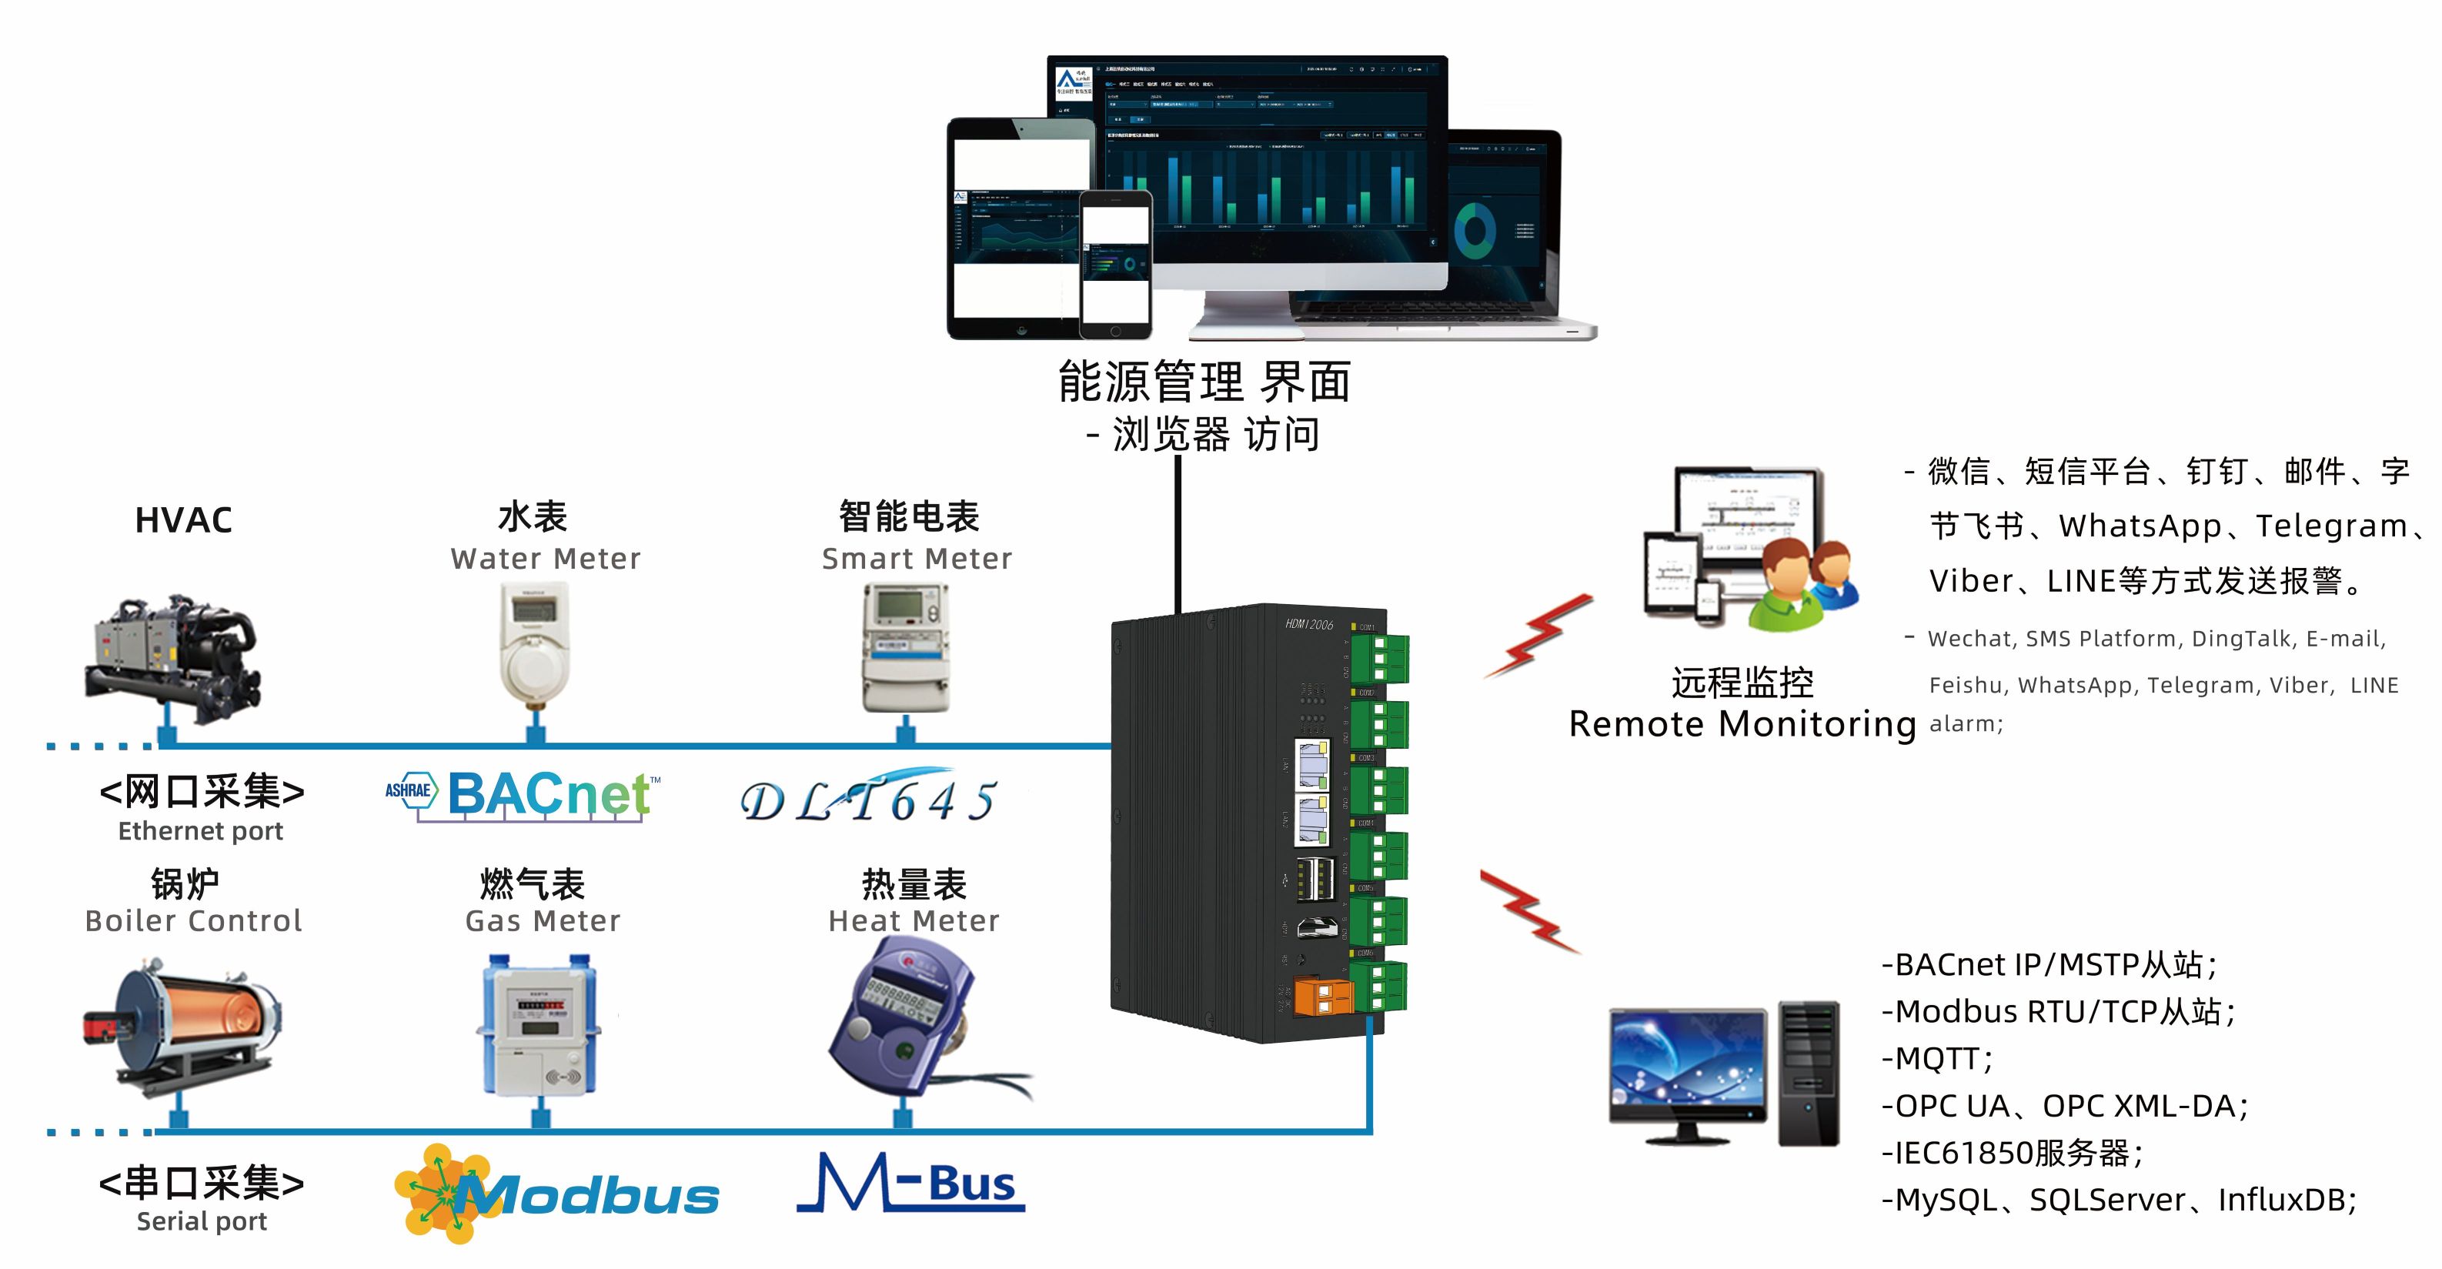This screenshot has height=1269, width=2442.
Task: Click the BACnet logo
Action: [x=523, y=794]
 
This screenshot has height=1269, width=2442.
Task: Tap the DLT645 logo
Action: [x=867, y=798]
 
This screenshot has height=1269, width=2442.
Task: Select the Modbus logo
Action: [x=557, y=1194]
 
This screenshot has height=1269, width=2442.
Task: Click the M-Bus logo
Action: [x=910, y=1184]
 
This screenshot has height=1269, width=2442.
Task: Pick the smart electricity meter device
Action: [x=905, y=647]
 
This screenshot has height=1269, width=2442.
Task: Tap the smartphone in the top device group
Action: [x=1116, y=263]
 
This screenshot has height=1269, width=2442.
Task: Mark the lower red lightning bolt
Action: [x=1529, y=910]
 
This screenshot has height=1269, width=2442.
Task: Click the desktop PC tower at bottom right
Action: [x=1808, y=1072]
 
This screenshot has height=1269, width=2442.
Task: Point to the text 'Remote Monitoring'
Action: [x=1742, y=724]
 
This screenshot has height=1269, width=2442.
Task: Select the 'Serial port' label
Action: [x=201, y=1221]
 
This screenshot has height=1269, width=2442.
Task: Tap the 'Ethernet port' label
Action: [x=200, y=831]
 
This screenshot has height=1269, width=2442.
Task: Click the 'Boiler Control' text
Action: [x=193, y=920]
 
